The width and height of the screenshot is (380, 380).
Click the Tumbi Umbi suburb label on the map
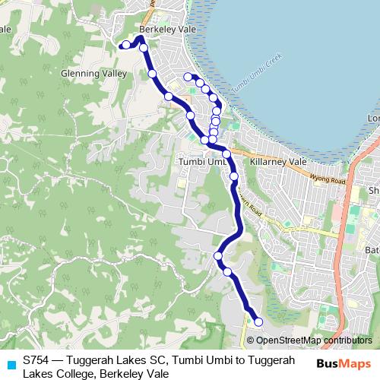click(x=201, y=162)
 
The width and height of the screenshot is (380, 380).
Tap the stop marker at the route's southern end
click(x=258, y=321)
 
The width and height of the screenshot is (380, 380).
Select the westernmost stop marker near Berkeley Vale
click(x=126, y=45)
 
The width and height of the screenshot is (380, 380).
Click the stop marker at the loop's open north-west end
click(x=188, y=76)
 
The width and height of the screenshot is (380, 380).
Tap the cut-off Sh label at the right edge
click(x=373, y=190)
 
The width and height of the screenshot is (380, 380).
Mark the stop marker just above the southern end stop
click(x=227, y=271)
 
